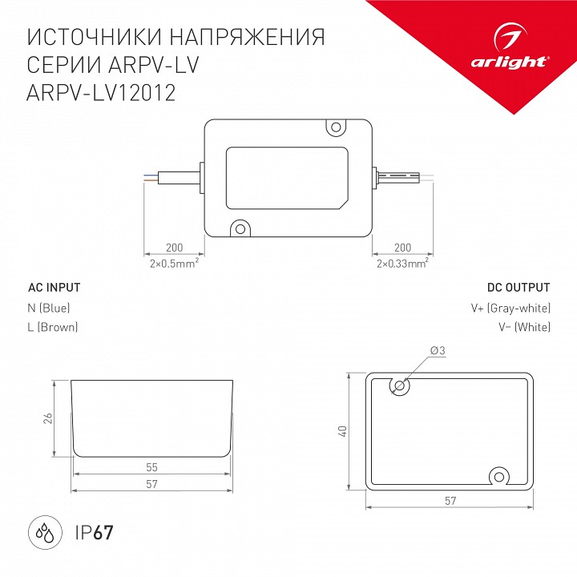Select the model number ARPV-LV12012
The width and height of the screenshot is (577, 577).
pos(102,93)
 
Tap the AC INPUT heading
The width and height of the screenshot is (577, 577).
pos(54,288)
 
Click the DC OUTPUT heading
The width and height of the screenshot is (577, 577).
pos(518,288)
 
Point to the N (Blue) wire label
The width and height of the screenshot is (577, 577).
pos(49,308)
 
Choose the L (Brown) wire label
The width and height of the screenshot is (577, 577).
pos(53,327)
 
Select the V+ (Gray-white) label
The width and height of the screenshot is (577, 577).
pos(510,308)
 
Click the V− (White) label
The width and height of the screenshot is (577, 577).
pos(522,327)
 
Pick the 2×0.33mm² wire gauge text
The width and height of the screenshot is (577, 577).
pos(401,262)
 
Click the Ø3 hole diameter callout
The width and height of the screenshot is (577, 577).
pos(438,351)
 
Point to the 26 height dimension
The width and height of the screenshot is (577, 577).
pos(48,418)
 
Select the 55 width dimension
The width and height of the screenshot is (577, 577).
pos(151,466)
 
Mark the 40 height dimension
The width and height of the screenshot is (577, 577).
pos(342,430)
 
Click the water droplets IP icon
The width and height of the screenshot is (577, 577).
pos(40,531)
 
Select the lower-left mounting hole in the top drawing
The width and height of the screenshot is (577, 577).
pos(238,229)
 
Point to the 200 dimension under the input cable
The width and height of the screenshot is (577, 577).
pos(172,248)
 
